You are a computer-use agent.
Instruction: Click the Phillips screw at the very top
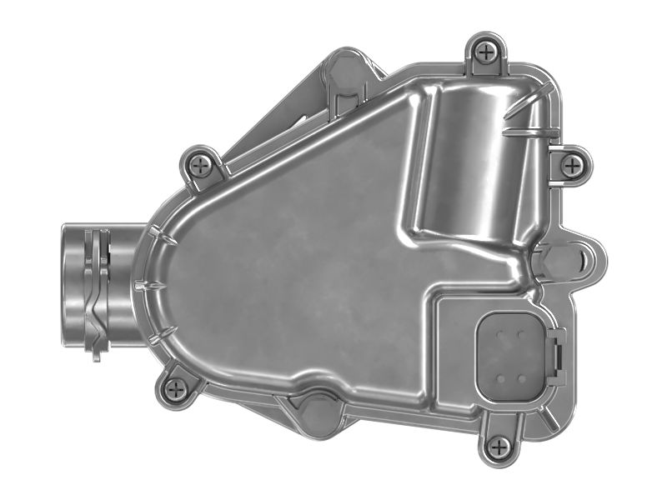pos(486,52)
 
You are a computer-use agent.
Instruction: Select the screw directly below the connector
pos(499,447)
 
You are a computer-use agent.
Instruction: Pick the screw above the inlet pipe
pos(200,165)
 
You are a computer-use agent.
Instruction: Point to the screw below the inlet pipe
pos(175,388)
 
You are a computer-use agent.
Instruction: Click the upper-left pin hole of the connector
pos(500,335)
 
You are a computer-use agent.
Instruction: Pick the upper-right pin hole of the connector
pos(521,335)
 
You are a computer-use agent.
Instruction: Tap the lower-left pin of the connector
pos(500,377)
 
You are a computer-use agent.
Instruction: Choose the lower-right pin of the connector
pos(522,377)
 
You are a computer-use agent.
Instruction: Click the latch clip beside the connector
pos(557,356)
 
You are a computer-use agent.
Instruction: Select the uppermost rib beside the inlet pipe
pos(163,238)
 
